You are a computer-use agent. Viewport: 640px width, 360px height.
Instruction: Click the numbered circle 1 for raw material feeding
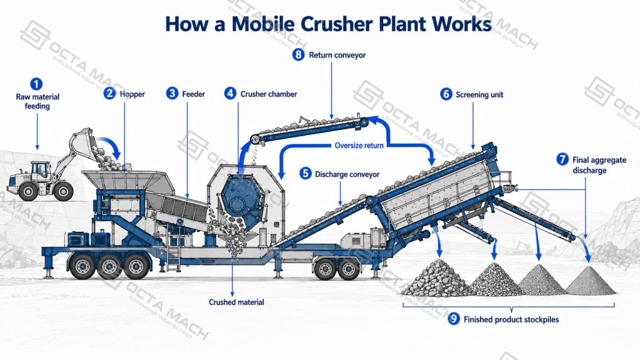[36, 84]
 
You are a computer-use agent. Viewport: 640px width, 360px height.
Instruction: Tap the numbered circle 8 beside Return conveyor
[298, 55]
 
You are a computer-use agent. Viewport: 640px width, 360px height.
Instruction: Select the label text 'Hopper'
[132, 94]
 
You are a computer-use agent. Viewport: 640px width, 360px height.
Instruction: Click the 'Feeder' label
[194, 94]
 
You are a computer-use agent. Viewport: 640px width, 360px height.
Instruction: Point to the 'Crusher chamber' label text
[269, 94]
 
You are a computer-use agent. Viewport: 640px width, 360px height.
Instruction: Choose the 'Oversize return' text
[359, 145]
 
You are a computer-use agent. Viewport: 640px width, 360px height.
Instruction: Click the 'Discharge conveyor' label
[347, 174]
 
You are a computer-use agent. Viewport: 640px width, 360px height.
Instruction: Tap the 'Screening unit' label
[479, 95]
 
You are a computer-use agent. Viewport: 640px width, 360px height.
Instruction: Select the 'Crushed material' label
[236, 302]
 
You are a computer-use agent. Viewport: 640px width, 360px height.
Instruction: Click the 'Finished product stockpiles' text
[511, 319]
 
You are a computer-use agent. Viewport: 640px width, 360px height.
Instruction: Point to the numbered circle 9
[454, 319]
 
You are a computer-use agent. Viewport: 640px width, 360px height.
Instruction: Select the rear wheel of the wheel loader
[27, 191]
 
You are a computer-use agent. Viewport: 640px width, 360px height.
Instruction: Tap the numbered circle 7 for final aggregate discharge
[562, 159]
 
